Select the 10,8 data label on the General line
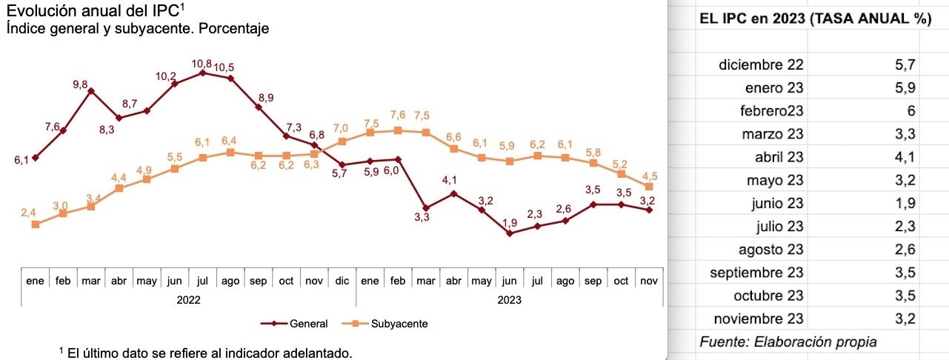point(202,64)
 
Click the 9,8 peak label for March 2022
point(81,85)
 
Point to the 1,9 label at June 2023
point(509,223)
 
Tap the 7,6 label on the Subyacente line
point(398,116)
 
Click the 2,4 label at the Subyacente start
point(27,213)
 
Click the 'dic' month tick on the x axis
point(342,281)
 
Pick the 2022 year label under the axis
point(188,301)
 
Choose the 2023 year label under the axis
point(509,301)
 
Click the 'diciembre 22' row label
point(761,65)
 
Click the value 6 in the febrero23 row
point(911,111)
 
